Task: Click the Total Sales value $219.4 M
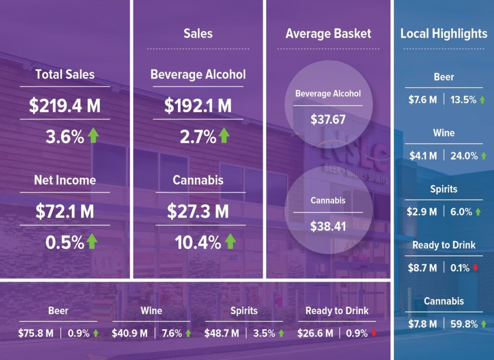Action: pyautogui.click(x=65, y=106)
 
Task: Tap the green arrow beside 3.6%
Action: pyautogui.click(x=93, y=136)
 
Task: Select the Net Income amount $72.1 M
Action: pyautogui.click(x=65, y=211)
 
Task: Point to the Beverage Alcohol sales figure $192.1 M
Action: pyautogui.click(x=198, y=106)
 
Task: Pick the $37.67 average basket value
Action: pyautogui.click(x=328, y=118)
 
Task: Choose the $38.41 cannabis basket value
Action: pyautogui.click(x=328, y=225)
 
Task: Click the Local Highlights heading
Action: pyautogui.click(x=444, y=34)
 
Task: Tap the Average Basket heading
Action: pyautogui.click(x=329, y=34)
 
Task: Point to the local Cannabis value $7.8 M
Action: pyautogui.click(x=423, y=324)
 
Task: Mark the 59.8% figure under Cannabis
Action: pyautogui.click(x=463, y=324)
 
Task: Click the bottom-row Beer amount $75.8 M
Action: pyautogui.click(x=36, y=333)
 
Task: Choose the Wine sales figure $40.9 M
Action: pyautogui.click(x=130, y=333)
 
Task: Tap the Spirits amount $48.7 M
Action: pyautogui.click(x=222, y=333)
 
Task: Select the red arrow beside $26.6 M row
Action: pyautogui.click(x=374, y=333)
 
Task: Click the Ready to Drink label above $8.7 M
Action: pyautogui.click(x=444, y=245)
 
